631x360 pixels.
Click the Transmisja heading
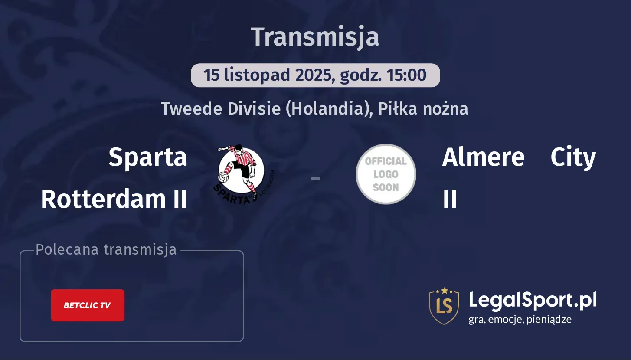point(315,37)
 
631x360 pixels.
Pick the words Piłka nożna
point(423,108)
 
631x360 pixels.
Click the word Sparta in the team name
point(147,157)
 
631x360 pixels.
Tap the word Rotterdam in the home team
point(103,199)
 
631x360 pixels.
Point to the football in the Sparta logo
point(224,177)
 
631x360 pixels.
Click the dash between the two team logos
point(315,178)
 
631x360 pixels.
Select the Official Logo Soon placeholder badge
point(386,174)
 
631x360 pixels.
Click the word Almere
point(483,157)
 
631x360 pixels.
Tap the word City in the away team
point(573,157)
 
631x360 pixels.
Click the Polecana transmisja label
point(106,250)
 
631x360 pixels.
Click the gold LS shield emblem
point(444,306)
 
